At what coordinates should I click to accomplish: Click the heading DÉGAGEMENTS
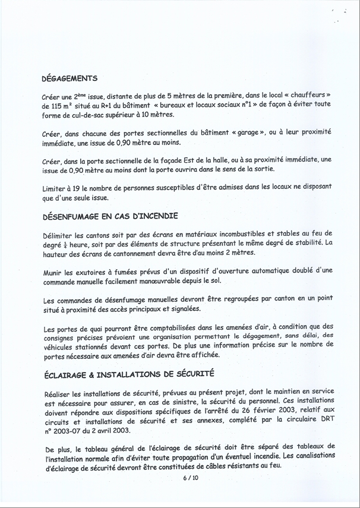70,78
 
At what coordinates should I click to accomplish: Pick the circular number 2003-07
70,431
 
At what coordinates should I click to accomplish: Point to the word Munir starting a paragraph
54,272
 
